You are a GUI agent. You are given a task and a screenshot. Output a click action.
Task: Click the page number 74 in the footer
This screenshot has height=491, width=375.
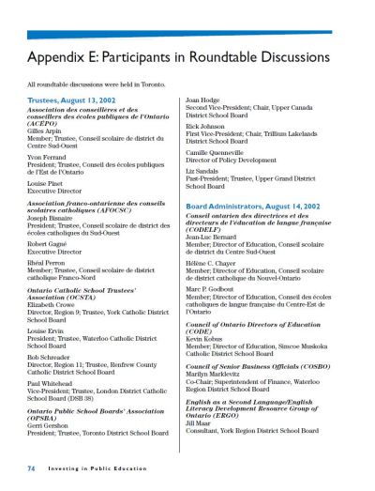click(x=31, y=467)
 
